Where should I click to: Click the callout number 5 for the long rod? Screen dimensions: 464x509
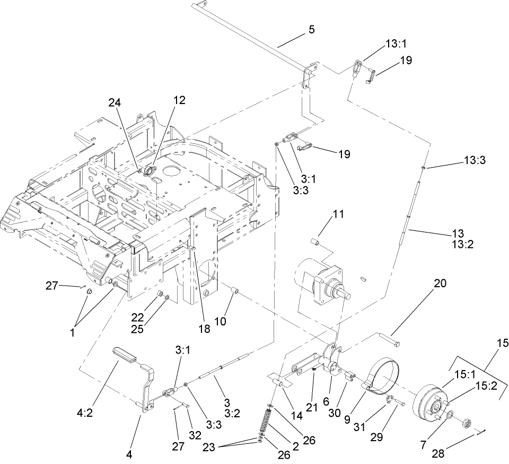pos(311,30)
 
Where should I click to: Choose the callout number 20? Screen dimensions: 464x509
pos(440,284)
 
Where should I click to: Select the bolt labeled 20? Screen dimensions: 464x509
pos(389,340)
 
